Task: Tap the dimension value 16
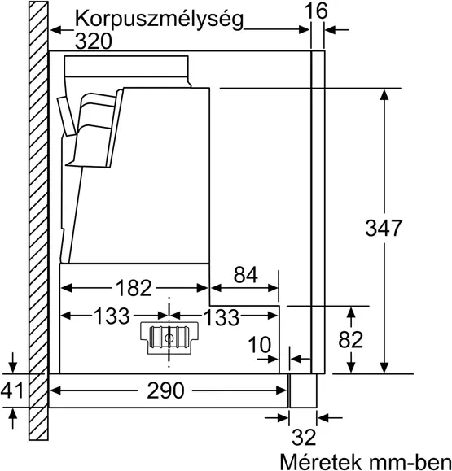click(x=317, y=11)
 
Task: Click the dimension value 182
click(x=133, y=287)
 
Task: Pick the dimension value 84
click(x=246, y=275)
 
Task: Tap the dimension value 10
click(x=260, y=346)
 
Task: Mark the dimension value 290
click(x=168, y=390)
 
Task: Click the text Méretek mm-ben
click(x=364, y=460)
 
